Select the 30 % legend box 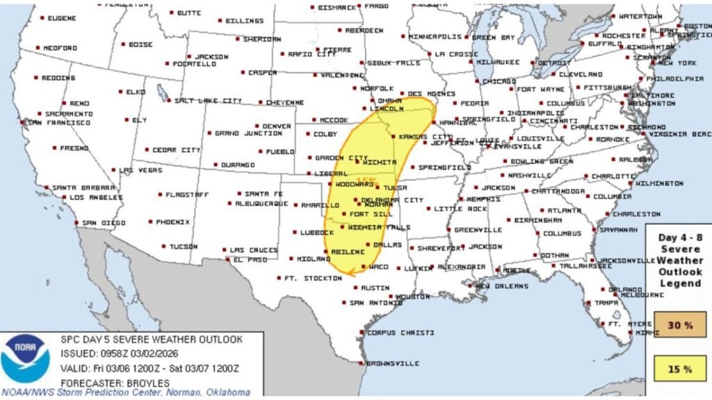pyautogui.click(x=679, y=324)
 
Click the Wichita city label pyautogui.click(x=379, y=162)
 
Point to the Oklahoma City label pyautogui.click(x=392, y=200)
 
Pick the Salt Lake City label pyautogui.click(x=208, y=101)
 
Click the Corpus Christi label pyautogui.click(x=400, y=333)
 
